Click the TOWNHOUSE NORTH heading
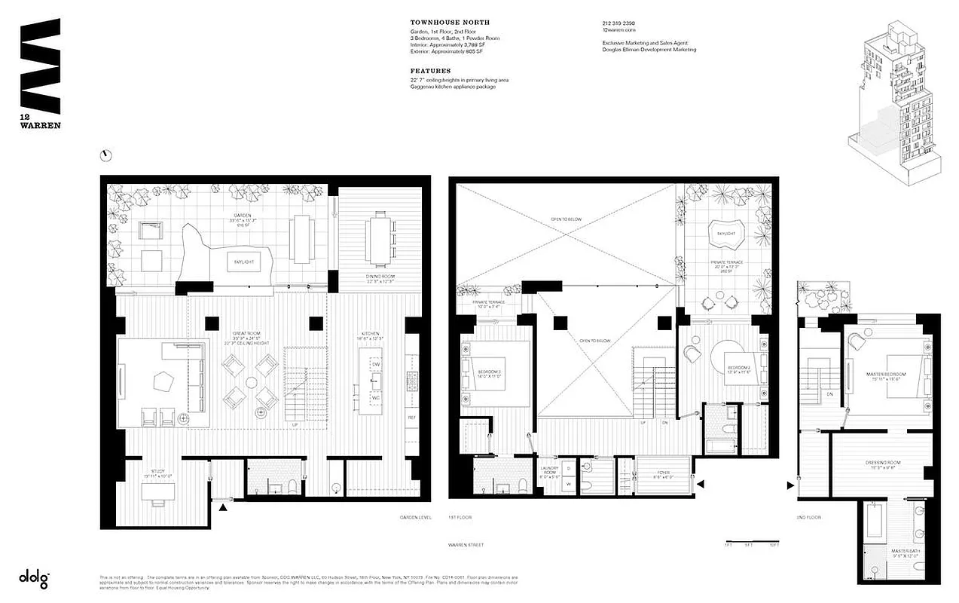432,23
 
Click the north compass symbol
106,155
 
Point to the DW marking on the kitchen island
375,365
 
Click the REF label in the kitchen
411,417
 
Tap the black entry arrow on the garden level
223,509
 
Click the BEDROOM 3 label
491,372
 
